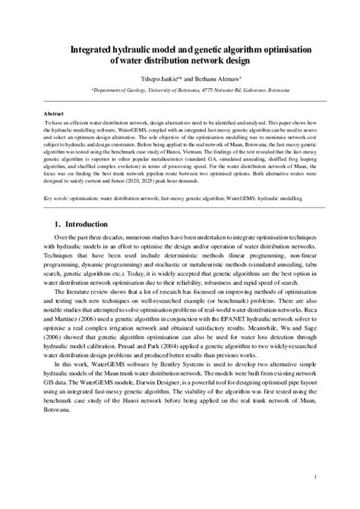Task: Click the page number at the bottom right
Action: [x=313, y=477]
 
